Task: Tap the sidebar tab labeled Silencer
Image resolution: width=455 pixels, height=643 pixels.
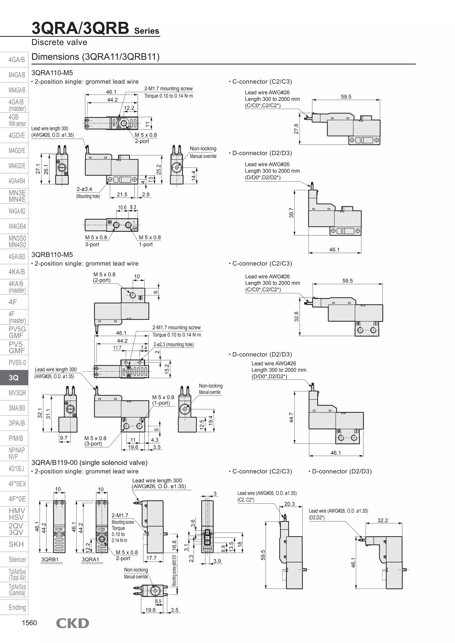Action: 17,560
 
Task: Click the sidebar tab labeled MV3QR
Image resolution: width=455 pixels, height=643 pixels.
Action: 17,393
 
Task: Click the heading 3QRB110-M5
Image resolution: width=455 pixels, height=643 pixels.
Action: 52,255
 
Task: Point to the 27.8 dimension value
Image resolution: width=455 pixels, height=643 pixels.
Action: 296,129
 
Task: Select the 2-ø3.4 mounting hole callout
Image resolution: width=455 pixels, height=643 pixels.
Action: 84,189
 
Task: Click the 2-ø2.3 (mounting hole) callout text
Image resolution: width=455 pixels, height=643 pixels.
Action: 174,344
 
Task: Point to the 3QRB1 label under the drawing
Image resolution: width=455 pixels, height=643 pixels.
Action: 50,560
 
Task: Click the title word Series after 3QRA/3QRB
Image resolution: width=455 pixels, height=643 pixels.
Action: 147,31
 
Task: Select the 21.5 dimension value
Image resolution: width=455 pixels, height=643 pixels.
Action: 122,194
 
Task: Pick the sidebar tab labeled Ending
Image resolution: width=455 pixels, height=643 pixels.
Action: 17,607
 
